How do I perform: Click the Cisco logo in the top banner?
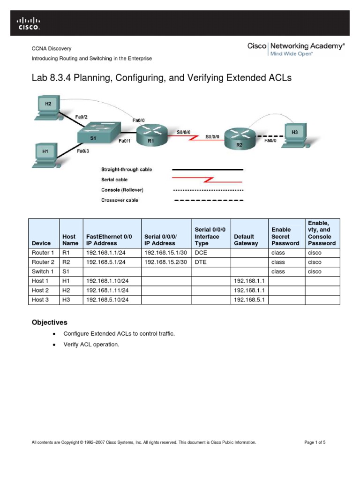tap(29, 23)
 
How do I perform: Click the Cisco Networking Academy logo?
tap(296, 49)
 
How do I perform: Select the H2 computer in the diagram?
tap(47, 107)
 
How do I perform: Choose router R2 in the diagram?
tap(240, 138)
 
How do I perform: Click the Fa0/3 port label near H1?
tap(82, 151)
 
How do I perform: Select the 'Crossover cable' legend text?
tap(120, 200)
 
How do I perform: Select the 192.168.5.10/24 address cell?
tap(107, 300)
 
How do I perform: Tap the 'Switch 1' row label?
tap(43, 271)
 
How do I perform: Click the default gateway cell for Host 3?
tap(248, 300)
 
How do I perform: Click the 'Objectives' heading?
tap(49, 322)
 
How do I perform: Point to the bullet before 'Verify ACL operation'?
tap(55, 345)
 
